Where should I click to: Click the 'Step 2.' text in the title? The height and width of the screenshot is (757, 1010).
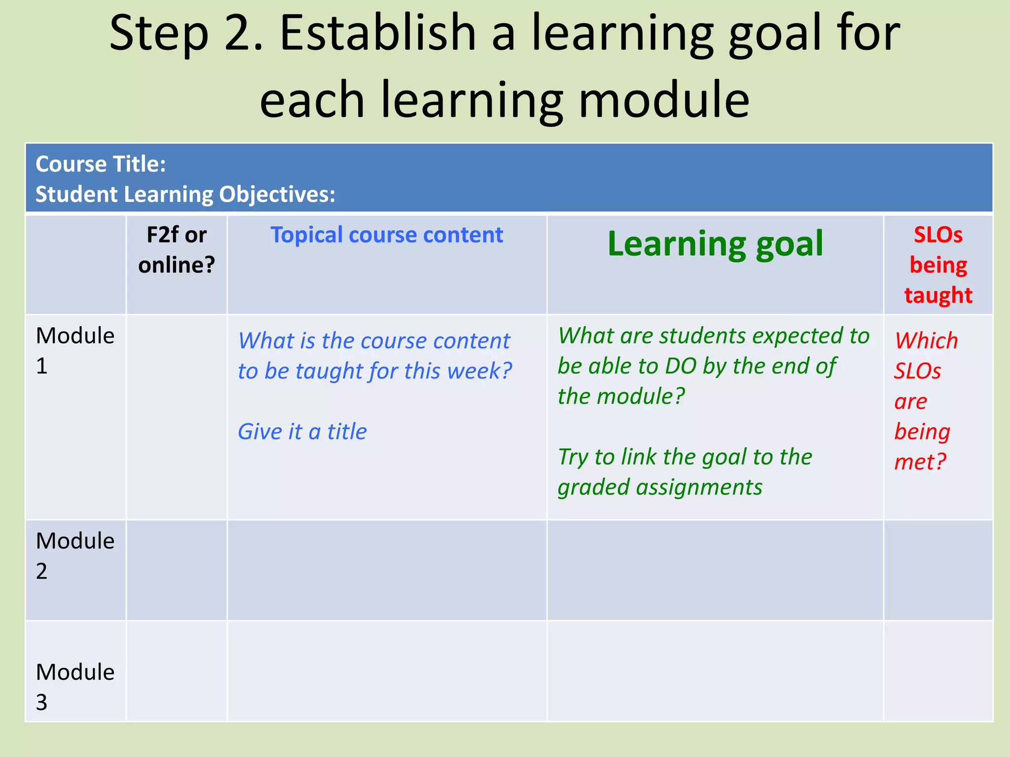click(185, 34)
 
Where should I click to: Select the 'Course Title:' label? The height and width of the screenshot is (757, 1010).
click(101, 164)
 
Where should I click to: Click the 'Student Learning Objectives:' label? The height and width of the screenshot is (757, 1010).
click(185, 194)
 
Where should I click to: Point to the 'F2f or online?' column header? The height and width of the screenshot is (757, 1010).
click(177, 250)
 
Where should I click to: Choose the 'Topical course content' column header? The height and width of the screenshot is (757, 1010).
click(387, 235)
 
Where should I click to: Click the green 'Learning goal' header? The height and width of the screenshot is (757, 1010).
click(715, 244)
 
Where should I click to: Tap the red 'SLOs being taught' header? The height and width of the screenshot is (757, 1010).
click(938, 265)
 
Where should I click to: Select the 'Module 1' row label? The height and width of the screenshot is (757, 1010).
click(75, 350)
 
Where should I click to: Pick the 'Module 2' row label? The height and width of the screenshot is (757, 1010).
click(75, 555)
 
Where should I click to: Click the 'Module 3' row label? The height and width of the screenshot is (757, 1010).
click(75, 687)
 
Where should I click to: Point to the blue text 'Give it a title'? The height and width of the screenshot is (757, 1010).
click(302, 432)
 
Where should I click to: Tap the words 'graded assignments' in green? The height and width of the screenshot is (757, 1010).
click(660, 487)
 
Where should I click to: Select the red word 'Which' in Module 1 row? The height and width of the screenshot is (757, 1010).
click(926, 341)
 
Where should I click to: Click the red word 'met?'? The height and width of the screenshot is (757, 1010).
click(920, 462)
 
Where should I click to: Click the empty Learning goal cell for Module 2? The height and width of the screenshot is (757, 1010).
click(715, 570)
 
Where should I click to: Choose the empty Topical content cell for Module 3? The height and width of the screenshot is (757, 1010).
click(387, 671)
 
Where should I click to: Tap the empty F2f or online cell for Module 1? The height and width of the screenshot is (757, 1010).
click(177, 417)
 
